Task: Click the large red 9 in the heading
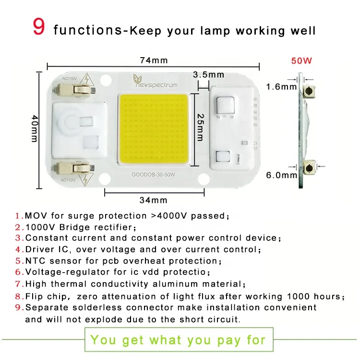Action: tap(39, 27)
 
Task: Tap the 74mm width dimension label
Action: tap(154, 60)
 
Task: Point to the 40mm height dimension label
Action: tap(34, 128)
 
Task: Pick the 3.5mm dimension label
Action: tap(208, 74)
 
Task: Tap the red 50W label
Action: tap(302, 61)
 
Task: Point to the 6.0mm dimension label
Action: tap(282, 175)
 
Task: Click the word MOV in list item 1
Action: tap(36, 216)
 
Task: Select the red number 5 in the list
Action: tap(18, 261)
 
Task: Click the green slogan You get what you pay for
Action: tap(178, 340)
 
